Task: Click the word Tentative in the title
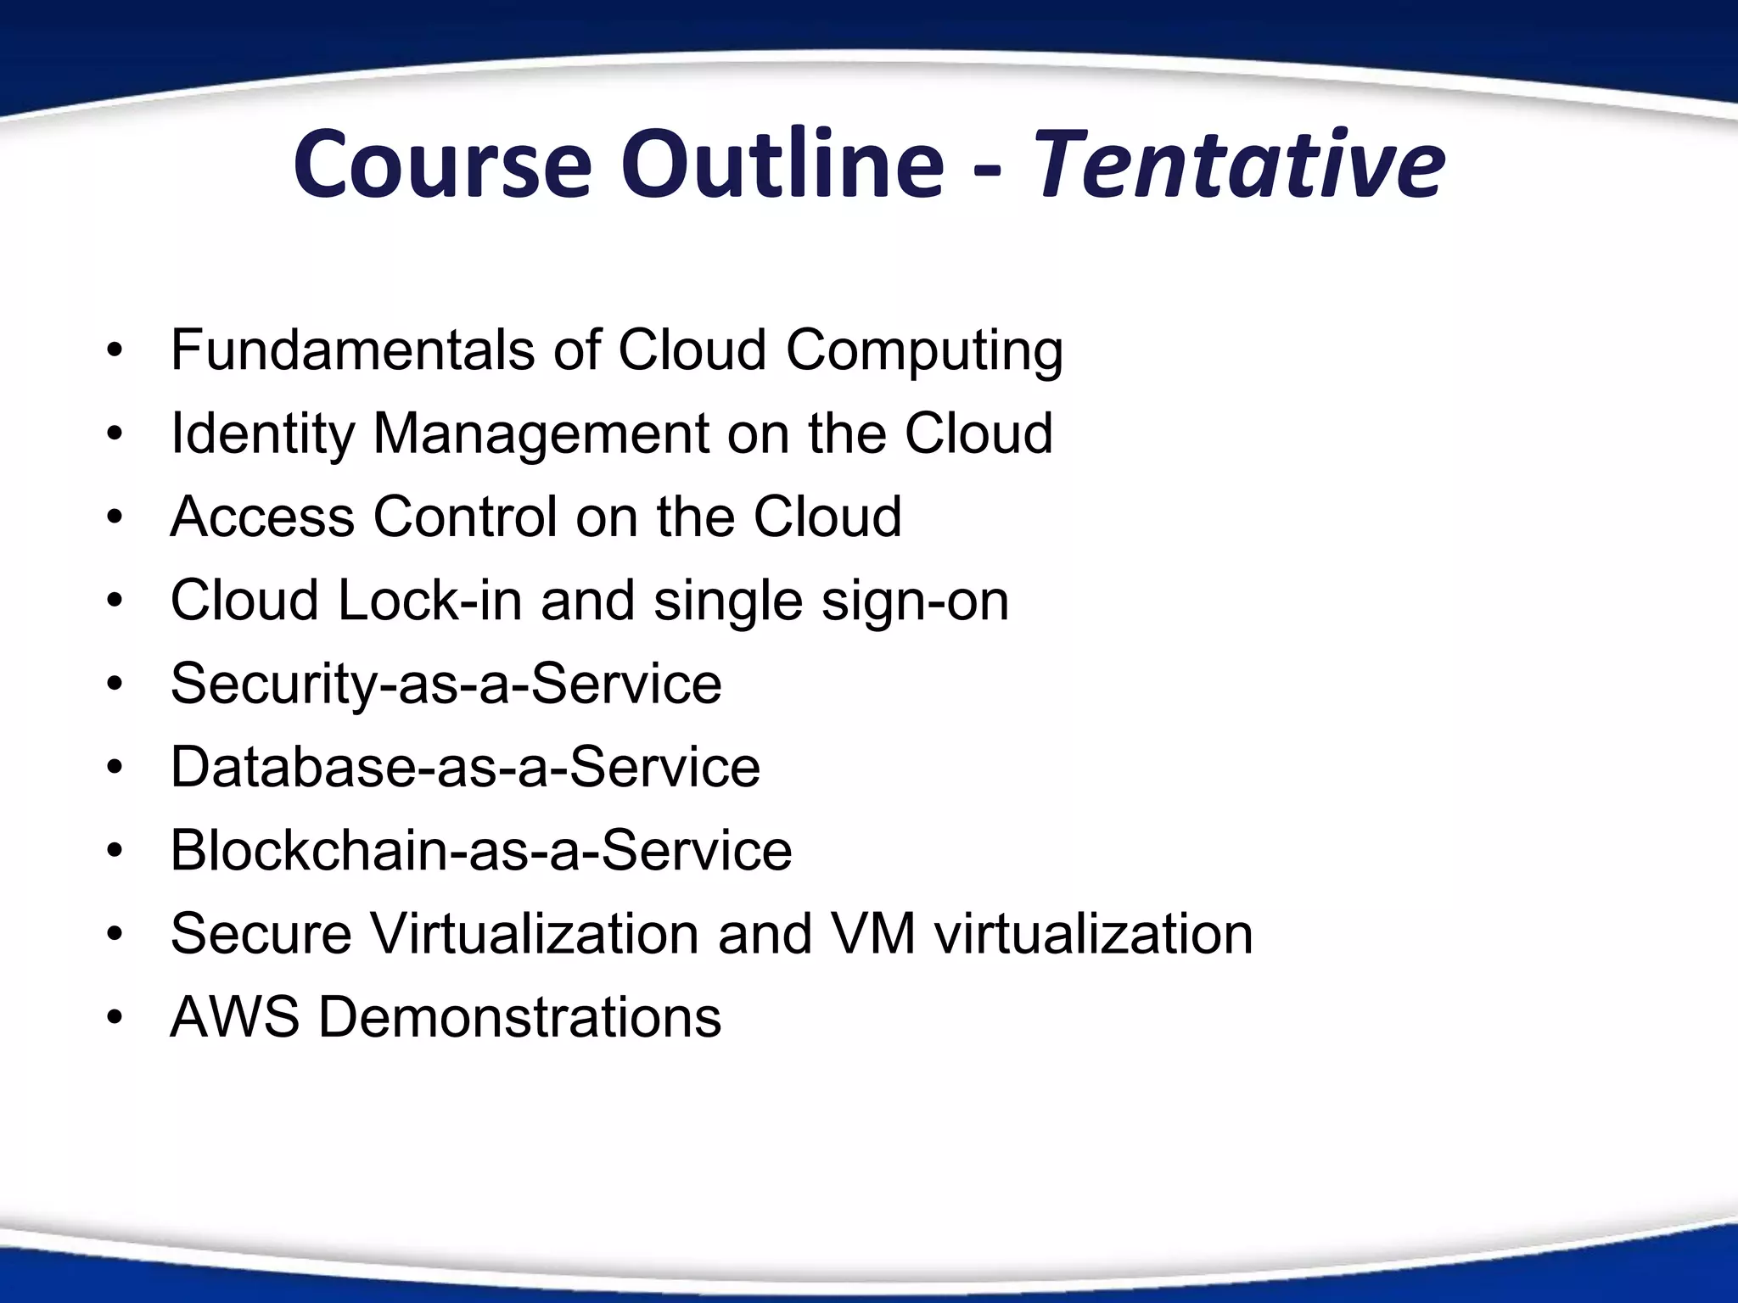click(x=1238, y=165)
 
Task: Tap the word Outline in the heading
click(x=782, y=165)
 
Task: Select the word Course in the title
click(x=441, y=165)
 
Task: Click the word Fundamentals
click(x=352, y=350)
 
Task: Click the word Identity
click(x=261, y=434)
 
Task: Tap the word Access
click(x=262, y=517)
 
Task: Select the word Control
click(x=465, y=517)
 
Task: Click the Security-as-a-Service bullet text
click(x=446, y=684)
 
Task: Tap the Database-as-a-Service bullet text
click(x=465, y=767)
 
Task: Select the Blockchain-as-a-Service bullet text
click(x=481, y=850)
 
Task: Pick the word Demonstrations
click(x=519, y=1016)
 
